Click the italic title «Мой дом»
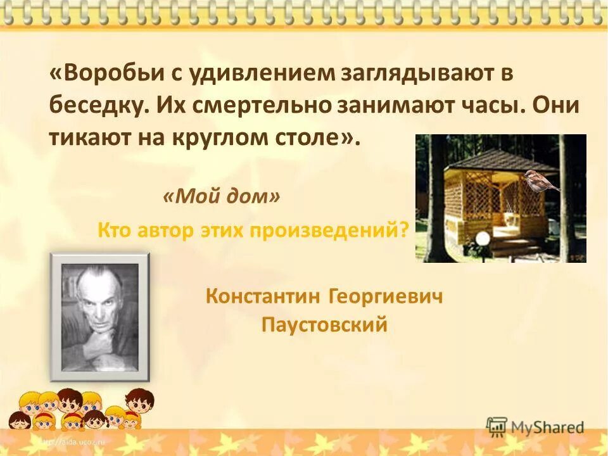221,197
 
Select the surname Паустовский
324,326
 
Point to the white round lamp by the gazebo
483,239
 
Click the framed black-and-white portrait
100,317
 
